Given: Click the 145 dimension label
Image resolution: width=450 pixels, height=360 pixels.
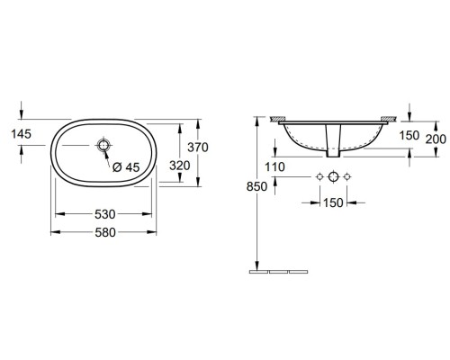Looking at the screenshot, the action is coord(22,134).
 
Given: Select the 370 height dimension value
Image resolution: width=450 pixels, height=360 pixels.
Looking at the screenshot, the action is coord(198,148).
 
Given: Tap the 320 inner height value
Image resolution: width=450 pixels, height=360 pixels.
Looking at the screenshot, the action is coord(180,166).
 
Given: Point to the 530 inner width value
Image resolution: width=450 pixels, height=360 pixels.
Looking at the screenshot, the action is coord(105,214).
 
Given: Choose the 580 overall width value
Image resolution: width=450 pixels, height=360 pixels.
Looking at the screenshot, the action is coord(105,232).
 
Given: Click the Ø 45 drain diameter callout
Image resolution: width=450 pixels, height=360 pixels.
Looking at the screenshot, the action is coord(126,167).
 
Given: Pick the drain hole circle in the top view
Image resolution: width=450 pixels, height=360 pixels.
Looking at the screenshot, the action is coord(103,146).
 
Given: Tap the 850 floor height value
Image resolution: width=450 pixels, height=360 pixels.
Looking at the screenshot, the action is coord(256,186).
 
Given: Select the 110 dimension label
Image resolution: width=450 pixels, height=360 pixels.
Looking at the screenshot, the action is coord(274,166).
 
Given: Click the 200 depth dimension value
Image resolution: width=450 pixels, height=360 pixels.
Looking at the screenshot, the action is coord(436,139).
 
